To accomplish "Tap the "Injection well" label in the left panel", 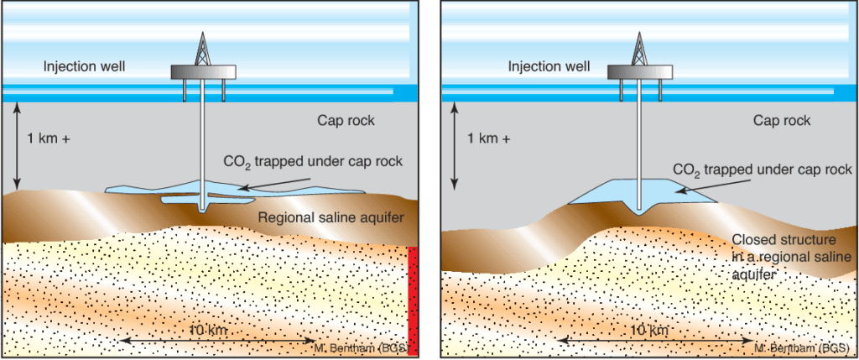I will [84, 65].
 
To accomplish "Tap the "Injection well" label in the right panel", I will [549, 65].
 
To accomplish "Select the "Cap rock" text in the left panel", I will [341, 120].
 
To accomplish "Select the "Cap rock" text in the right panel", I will [781, 121].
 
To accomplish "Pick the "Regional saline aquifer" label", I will [331, 218].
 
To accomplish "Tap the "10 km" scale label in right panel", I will [647, 331].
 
